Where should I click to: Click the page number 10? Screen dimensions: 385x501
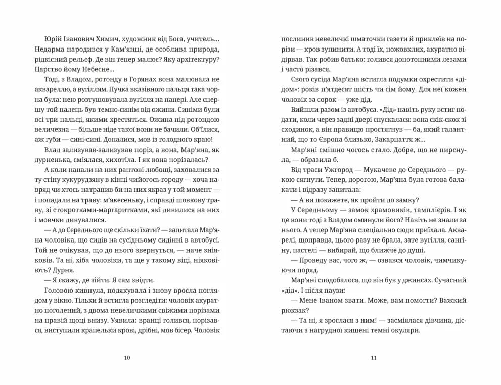click(127, 358)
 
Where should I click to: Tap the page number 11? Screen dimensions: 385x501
click(374, 358)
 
